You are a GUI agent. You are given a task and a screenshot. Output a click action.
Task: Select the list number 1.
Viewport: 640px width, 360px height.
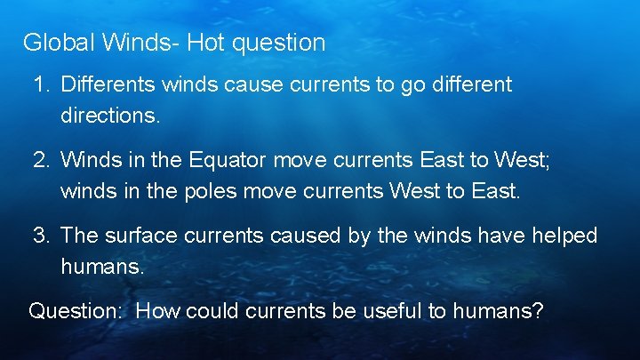click(40, 85)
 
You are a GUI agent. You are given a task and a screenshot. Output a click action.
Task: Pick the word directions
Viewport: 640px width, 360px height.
click(109, 116)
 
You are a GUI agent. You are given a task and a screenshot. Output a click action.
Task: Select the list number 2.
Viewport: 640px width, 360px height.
click(40, 161)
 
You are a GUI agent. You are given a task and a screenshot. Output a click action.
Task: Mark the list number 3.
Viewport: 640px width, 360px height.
click(40, 236)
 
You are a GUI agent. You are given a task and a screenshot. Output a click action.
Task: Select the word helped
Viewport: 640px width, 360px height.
click(566, 236)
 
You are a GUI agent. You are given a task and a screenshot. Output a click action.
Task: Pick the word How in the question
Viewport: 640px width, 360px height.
click(157, 312)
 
